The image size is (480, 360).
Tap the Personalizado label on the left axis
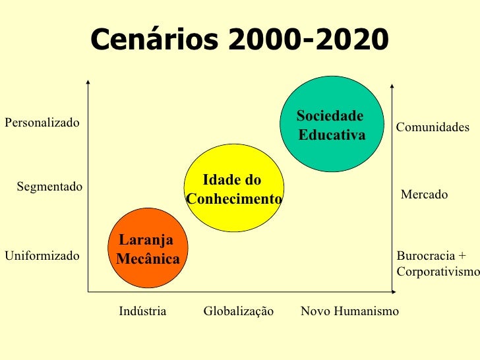coord(42,123)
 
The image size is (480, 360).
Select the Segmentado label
coord(49,187)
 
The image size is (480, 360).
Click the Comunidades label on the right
coord(433,127)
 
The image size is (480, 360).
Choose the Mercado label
coord(425,195)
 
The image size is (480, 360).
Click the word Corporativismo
coord(438,271)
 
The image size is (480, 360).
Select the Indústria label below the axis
coord(142,311)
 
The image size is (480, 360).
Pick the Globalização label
coord(238,311)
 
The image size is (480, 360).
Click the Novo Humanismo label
coord(349,311)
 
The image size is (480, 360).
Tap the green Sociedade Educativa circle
coord(333,125)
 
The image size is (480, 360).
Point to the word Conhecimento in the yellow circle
coord(235,199)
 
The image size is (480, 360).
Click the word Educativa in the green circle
coord(332,135)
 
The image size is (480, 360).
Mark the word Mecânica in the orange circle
coord(148,259)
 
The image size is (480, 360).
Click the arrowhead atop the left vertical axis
coord(88,82)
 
